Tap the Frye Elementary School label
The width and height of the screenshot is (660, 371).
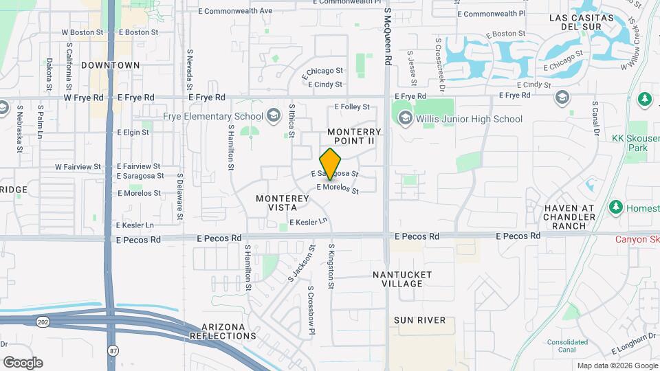(x=213, y=116)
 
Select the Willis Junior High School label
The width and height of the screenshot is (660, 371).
(x=469, y=119)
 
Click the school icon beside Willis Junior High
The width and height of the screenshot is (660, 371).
(x=405, y=119)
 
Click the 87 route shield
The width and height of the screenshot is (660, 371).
(x=112, y=350)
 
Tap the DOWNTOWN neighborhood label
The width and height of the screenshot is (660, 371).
(x=110, y=65)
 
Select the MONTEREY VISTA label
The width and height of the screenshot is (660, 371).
(x=283, y=203)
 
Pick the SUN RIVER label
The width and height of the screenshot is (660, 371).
(x=419, y=320)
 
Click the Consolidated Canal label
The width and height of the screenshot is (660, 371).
(x=567, y=346)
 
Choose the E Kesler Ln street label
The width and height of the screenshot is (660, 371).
(x=307, y=223)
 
